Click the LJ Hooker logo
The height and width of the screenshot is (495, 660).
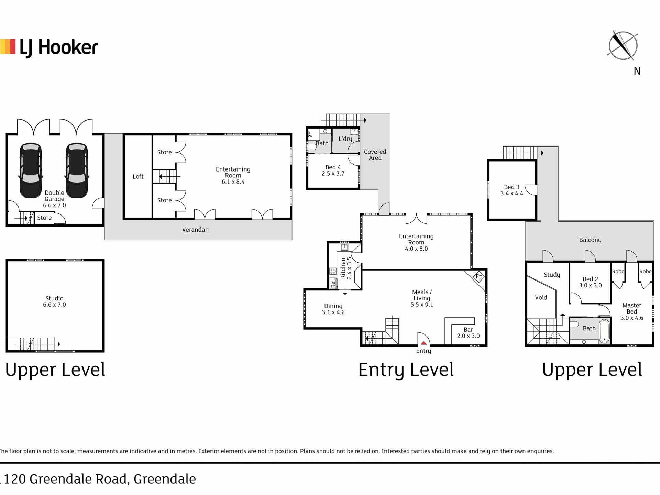[x=49, y=47]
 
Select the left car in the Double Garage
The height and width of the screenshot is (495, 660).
[x=31, y=170]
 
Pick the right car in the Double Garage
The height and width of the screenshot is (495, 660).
[x=77, y=170]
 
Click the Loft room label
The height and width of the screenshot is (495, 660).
[x=138, y=176]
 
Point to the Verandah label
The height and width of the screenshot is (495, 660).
[x=195, y=230]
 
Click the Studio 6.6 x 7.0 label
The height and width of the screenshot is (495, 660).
[x=54, y=301]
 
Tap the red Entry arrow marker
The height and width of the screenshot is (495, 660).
[x=424, y=343]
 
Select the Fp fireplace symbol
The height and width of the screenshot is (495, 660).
[x=479, y=276]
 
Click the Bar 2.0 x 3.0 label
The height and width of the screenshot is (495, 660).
[x=468, y=333]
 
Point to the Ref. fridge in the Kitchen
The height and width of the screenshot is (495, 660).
[x=332, y=283]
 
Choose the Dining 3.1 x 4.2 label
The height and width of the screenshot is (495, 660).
[x=333, y=309]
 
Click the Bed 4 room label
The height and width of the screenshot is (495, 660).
[x=333, y=170]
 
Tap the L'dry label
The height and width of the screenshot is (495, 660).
[x=345, y=139]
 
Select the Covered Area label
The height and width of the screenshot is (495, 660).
[x=375, y=155]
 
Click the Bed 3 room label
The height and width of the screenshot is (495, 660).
[x=512, y=190]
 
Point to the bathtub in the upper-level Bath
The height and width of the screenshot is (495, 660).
[x=605, y=331]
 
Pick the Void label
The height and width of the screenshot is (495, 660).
[x=541, y=297]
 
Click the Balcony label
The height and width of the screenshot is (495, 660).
[x=590, y=240]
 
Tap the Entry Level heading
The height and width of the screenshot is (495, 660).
[x=406, y=370]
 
